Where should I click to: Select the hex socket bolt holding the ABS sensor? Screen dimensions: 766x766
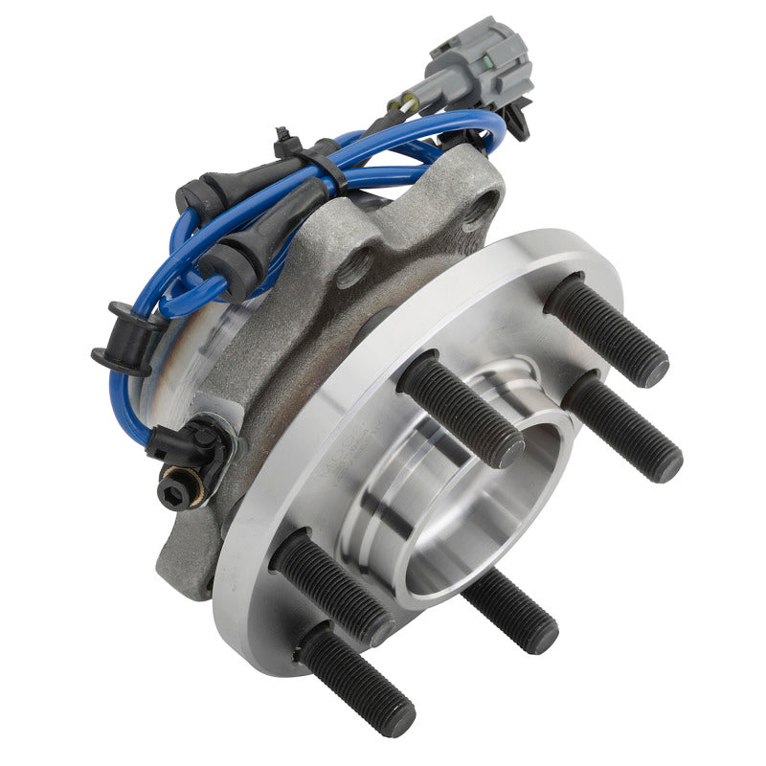click(172, 488)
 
